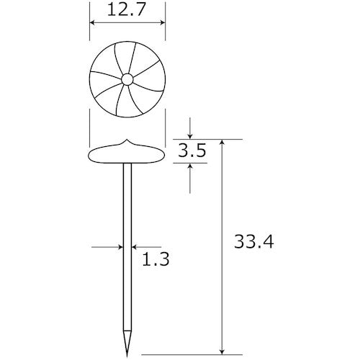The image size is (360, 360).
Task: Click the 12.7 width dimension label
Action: click(126, 10)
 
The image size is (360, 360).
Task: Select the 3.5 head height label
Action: click(192, 150)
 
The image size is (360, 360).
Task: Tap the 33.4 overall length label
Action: click(254, 241)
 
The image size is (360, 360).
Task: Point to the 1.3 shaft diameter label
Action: click(156, 259)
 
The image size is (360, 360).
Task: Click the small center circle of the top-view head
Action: click(127, 79)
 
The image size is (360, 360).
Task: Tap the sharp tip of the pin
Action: click(127, 356)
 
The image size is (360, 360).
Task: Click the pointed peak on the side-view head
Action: click(127, 140)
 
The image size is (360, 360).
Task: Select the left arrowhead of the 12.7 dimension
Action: click(92, 22)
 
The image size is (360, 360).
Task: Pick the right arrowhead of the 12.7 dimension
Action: click(163, 22)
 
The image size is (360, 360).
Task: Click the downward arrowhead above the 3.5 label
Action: click(190, 137)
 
